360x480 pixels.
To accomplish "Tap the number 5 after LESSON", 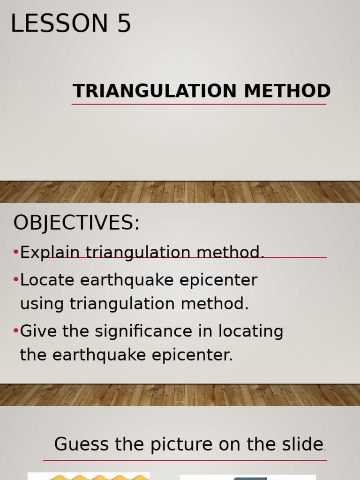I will [124, 23].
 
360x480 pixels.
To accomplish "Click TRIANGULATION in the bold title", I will [155, 91].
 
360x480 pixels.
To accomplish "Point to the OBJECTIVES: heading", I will [76, 223].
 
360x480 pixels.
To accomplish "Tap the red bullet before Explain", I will [16, 253].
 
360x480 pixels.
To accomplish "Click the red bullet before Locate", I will [16, 280].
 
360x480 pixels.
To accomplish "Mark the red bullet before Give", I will [16, 331].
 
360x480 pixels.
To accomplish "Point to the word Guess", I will [82, 444].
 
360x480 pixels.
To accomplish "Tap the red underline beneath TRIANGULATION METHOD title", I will [199, 104].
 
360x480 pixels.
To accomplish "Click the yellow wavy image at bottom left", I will [89, 476].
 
